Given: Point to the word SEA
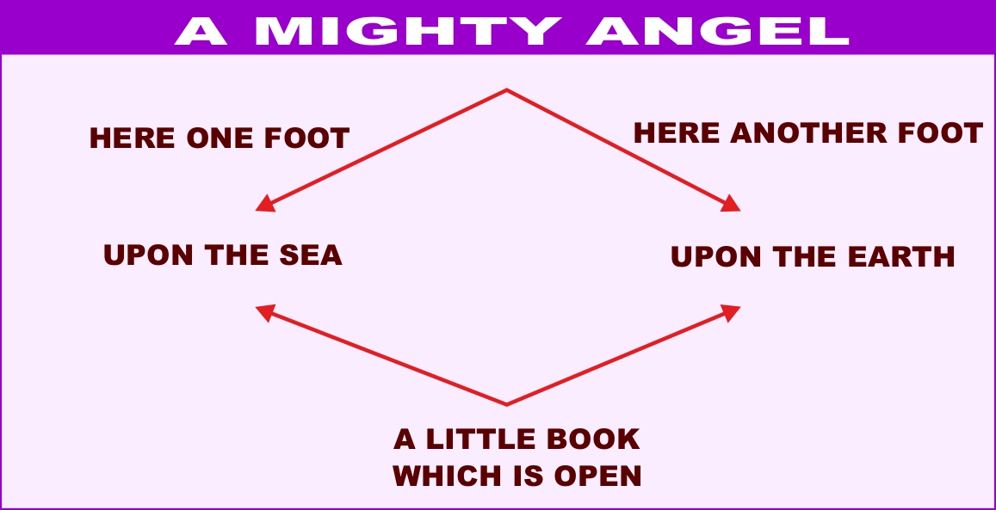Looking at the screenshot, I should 308,255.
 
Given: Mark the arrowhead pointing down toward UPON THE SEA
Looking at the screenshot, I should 265,205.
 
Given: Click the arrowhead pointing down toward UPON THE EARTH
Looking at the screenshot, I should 732,204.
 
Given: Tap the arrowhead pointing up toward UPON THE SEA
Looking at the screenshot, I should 265,312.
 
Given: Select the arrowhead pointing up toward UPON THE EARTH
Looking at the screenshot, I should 732,311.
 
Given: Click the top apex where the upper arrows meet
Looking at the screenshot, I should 506,89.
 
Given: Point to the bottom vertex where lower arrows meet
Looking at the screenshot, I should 506,403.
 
